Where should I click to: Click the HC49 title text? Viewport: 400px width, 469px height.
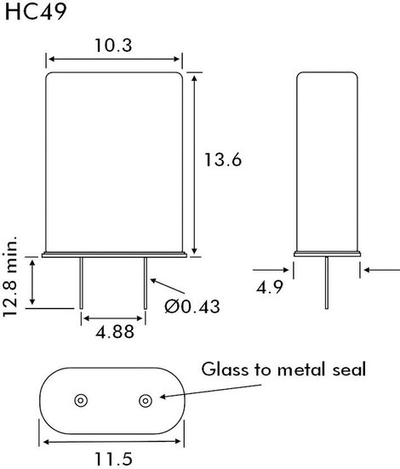tap(36, 12)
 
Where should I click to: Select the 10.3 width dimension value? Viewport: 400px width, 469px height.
tap(113, 45)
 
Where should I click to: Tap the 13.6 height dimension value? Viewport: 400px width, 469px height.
tap(223, 159)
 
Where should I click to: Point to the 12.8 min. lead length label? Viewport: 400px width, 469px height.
tap(10, 277)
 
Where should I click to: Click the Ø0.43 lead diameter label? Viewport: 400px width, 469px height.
tap(192, 306)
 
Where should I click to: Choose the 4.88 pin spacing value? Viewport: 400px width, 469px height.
tap(115, 332)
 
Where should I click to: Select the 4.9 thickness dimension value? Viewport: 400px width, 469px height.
tap(270, 288)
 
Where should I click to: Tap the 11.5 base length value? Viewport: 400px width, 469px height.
tap(113, 459)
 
